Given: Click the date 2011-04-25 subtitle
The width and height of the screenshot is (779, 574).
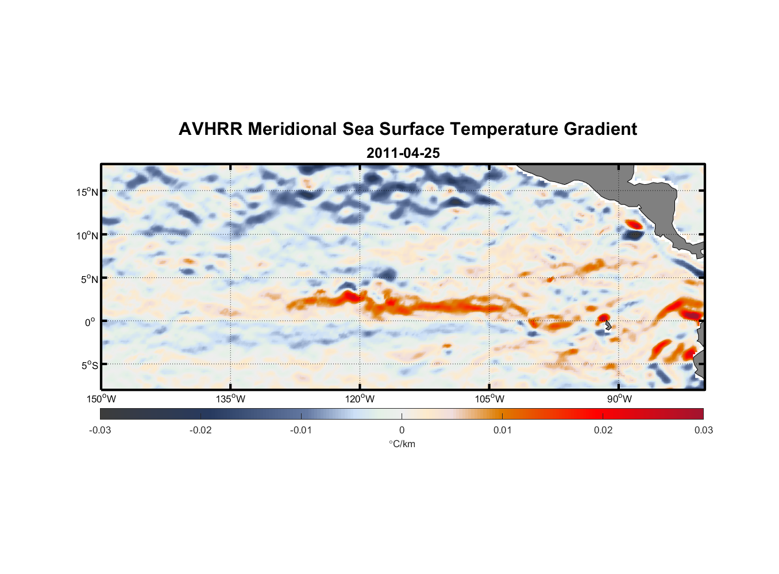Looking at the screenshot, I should point(403,153).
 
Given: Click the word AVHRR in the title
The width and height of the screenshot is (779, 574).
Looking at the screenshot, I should point(210,129).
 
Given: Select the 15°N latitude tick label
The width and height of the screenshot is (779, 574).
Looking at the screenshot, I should point(87,192).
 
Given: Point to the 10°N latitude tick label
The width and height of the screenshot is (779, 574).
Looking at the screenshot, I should point(87,235).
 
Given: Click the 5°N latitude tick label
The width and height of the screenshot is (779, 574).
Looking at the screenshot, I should point(88,279).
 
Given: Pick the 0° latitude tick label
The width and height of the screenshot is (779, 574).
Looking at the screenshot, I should point(90,322).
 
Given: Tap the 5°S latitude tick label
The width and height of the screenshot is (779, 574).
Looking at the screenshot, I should point(88,366).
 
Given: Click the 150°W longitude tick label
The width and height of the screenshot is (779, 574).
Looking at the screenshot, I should point(102,399).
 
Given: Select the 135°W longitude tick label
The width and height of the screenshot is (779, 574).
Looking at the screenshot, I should point(231,399).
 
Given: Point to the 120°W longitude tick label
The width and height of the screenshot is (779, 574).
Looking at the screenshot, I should point(360,399).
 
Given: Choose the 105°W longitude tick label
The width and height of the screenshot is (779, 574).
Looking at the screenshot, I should point(489,399).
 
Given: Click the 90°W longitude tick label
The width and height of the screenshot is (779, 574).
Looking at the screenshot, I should point(619,399).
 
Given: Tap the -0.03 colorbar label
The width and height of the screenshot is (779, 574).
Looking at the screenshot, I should point(100,430).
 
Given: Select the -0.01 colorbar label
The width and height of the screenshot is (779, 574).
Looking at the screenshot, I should point(301,430).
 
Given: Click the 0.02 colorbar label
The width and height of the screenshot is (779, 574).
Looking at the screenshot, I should point(603,430).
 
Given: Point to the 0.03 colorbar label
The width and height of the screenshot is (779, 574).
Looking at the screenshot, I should point(703,430).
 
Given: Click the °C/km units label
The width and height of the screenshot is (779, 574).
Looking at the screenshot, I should point(402,444).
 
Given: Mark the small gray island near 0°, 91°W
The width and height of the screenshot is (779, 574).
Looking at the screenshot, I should point(608,325).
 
